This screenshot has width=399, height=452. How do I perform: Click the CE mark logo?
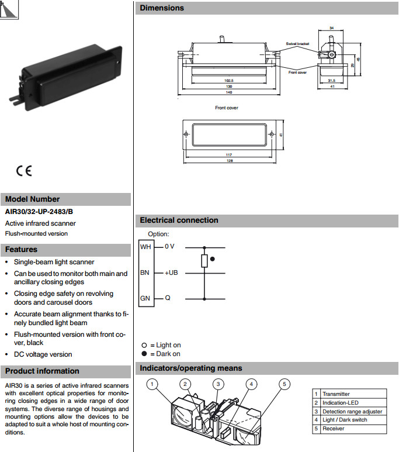point(24,171)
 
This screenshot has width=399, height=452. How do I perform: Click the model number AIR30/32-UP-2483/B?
point(39,212)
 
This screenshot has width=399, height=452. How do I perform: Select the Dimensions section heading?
point(162,8)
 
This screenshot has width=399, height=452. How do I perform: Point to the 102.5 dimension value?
point(229,81)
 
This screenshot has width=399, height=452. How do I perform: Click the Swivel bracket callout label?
point(297,44)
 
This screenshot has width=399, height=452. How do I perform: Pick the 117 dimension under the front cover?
point(229,155)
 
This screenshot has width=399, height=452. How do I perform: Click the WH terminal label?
point(145,247)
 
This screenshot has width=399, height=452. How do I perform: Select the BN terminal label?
point(145,272)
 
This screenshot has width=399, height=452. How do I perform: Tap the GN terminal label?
point(145,298)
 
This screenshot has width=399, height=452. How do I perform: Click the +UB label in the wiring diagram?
point(171,272)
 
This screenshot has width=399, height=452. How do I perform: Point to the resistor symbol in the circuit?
point(204,261)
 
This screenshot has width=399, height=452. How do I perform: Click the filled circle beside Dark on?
point(144,354)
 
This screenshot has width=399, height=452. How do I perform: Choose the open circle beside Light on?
point(144,346)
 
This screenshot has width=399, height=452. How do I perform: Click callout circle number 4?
point(251,384)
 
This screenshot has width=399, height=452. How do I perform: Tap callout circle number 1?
point(152,384)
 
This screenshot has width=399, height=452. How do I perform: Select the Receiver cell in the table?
point(334,429)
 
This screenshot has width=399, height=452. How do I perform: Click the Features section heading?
point(22,250)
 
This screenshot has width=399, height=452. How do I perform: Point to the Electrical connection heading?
point(179,220)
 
